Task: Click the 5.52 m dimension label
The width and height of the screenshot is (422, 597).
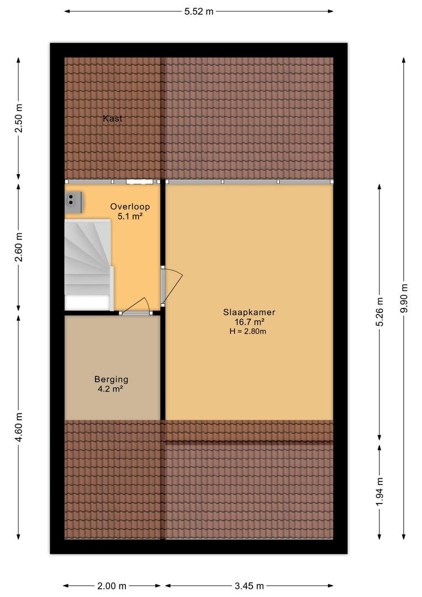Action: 199,12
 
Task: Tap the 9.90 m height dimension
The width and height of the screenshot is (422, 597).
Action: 404,298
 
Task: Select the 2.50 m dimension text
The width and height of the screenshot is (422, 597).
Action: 18,118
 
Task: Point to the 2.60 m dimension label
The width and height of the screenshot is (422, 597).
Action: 18,247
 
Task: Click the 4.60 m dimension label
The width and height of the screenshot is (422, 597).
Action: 18,427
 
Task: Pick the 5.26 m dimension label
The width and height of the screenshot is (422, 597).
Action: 380,312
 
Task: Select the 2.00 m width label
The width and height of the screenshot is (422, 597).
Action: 112,586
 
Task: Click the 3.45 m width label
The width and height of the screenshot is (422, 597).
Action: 249,586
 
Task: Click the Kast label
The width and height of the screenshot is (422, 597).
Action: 113,118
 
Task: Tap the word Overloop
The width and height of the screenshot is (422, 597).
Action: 130,207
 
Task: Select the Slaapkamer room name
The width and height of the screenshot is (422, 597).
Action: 249,312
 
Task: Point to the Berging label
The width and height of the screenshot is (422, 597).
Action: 112,380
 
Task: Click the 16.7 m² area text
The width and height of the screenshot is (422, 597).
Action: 249,322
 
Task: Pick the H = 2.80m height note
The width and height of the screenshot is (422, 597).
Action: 247,331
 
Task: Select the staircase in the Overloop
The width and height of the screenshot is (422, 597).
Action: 89,264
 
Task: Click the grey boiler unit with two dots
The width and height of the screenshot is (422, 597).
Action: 74,202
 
